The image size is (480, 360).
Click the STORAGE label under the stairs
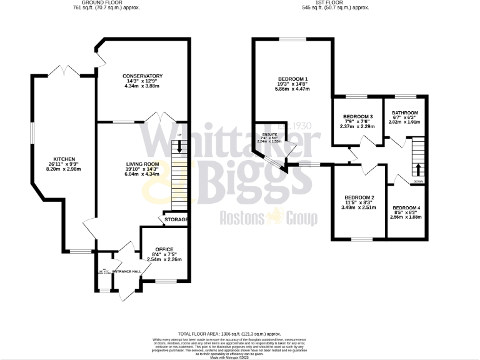[176, 220]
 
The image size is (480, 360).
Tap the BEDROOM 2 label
[359, 197]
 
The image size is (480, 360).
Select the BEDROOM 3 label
[358, 117]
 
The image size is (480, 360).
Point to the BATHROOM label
[405, 112]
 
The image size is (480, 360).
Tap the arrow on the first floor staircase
[418, 169]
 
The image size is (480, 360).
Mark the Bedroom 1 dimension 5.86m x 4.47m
[294, 89]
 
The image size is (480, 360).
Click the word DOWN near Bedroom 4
[418, 182]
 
